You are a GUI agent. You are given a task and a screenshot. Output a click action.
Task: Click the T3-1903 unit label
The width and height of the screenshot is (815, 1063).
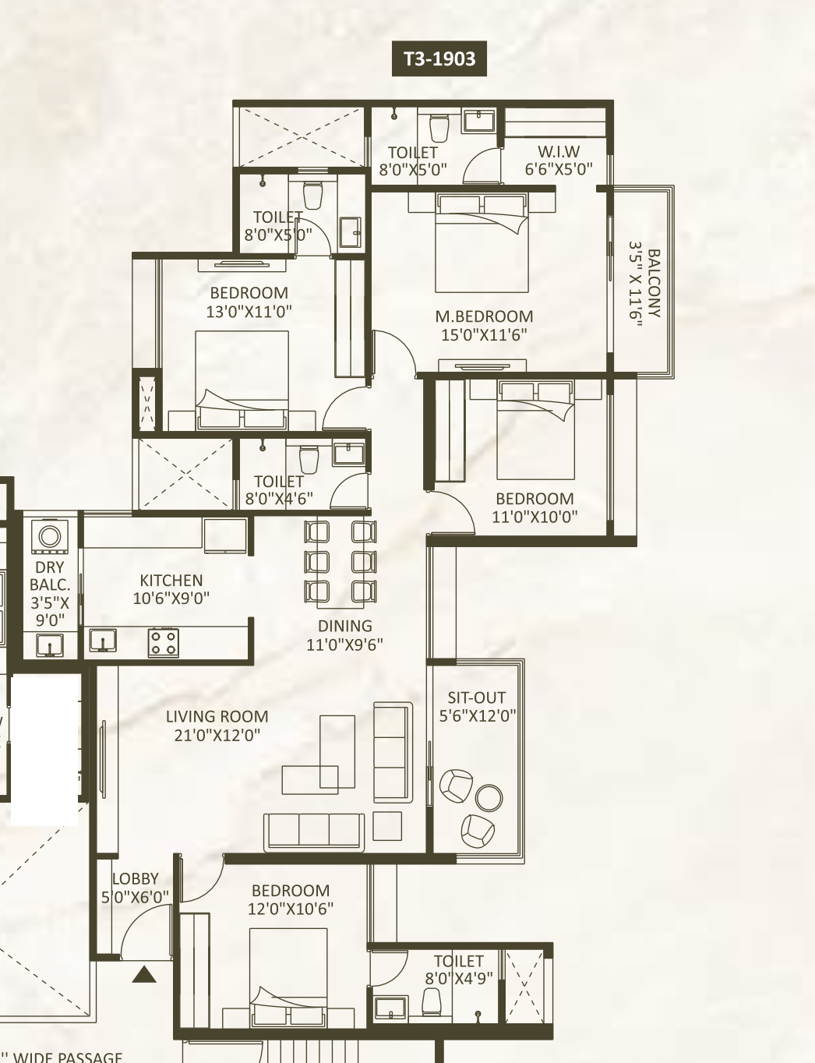439,58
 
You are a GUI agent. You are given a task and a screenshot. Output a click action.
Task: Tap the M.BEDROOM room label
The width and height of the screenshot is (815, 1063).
484,316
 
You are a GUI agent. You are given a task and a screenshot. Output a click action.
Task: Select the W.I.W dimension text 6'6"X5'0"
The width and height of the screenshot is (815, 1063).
559,169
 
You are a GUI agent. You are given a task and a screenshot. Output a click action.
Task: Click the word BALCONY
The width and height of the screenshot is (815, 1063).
654,283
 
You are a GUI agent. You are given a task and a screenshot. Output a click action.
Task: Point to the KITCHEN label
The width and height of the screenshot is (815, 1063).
171,580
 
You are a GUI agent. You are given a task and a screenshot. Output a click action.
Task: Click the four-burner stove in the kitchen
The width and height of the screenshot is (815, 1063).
164,643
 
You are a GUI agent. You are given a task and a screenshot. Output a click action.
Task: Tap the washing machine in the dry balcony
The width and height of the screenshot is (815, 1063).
50,536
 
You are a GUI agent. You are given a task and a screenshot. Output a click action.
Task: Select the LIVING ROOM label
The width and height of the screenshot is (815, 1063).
217,716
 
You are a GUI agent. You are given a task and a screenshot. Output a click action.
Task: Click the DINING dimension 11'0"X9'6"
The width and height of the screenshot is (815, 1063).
344,645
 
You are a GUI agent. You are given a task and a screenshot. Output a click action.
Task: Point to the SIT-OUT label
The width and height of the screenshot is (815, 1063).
477,697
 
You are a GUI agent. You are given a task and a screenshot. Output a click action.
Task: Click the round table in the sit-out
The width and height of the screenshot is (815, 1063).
489,797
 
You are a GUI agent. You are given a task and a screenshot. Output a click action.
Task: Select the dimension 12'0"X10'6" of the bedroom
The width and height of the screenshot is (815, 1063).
291,909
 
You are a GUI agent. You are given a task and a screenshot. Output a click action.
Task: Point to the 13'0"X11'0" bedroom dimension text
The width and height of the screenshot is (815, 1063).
249,311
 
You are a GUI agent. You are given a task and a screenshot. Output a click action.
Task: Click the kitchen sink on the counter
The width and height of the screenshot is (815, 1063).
103,641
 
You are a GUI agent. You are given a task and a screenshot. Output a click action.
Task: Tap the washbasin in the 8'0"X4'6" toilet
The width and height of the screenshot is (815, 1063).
348,454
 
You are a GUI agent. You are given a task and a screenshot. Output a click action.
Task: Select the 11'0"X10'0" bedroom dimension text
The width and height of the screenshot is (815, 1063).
535,517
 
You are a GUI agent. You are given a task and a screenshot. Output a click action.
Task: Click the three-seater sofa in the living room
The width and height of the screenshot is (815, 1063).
313,832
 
